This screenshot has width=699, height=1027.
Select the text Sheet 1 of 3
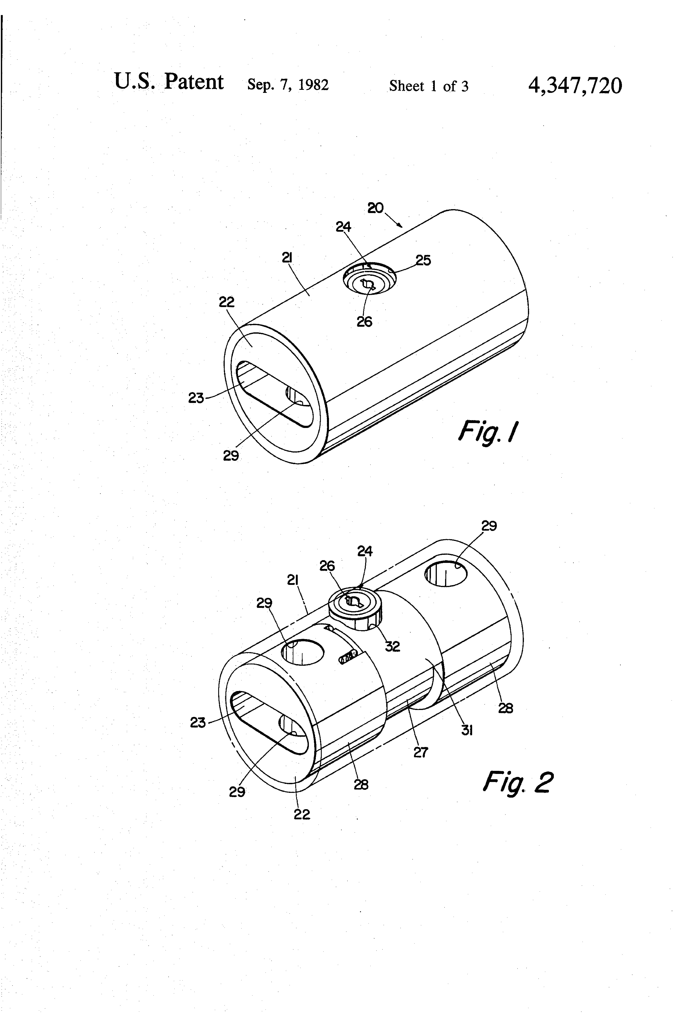click(x=429, y=86)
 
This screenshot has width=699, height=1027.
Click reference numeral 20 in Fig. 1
click(x=376, y=208)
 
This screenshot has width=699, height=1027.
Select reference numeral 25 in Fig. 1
click(x=423, y=260)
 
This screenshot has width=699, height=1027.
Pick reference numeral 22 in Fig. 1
click(x=227, y=302)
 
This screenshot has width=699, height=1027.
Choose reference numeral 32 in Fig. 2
click(x=392, y=646)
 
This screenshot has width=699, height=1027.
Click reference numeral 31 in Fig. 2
click(x=467, y=731)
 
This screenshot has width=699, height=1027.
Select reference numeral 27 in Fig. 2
click(x=421, y=752)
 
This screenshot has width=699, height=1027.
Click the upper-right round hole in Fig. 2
click(x=446, y=574)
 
